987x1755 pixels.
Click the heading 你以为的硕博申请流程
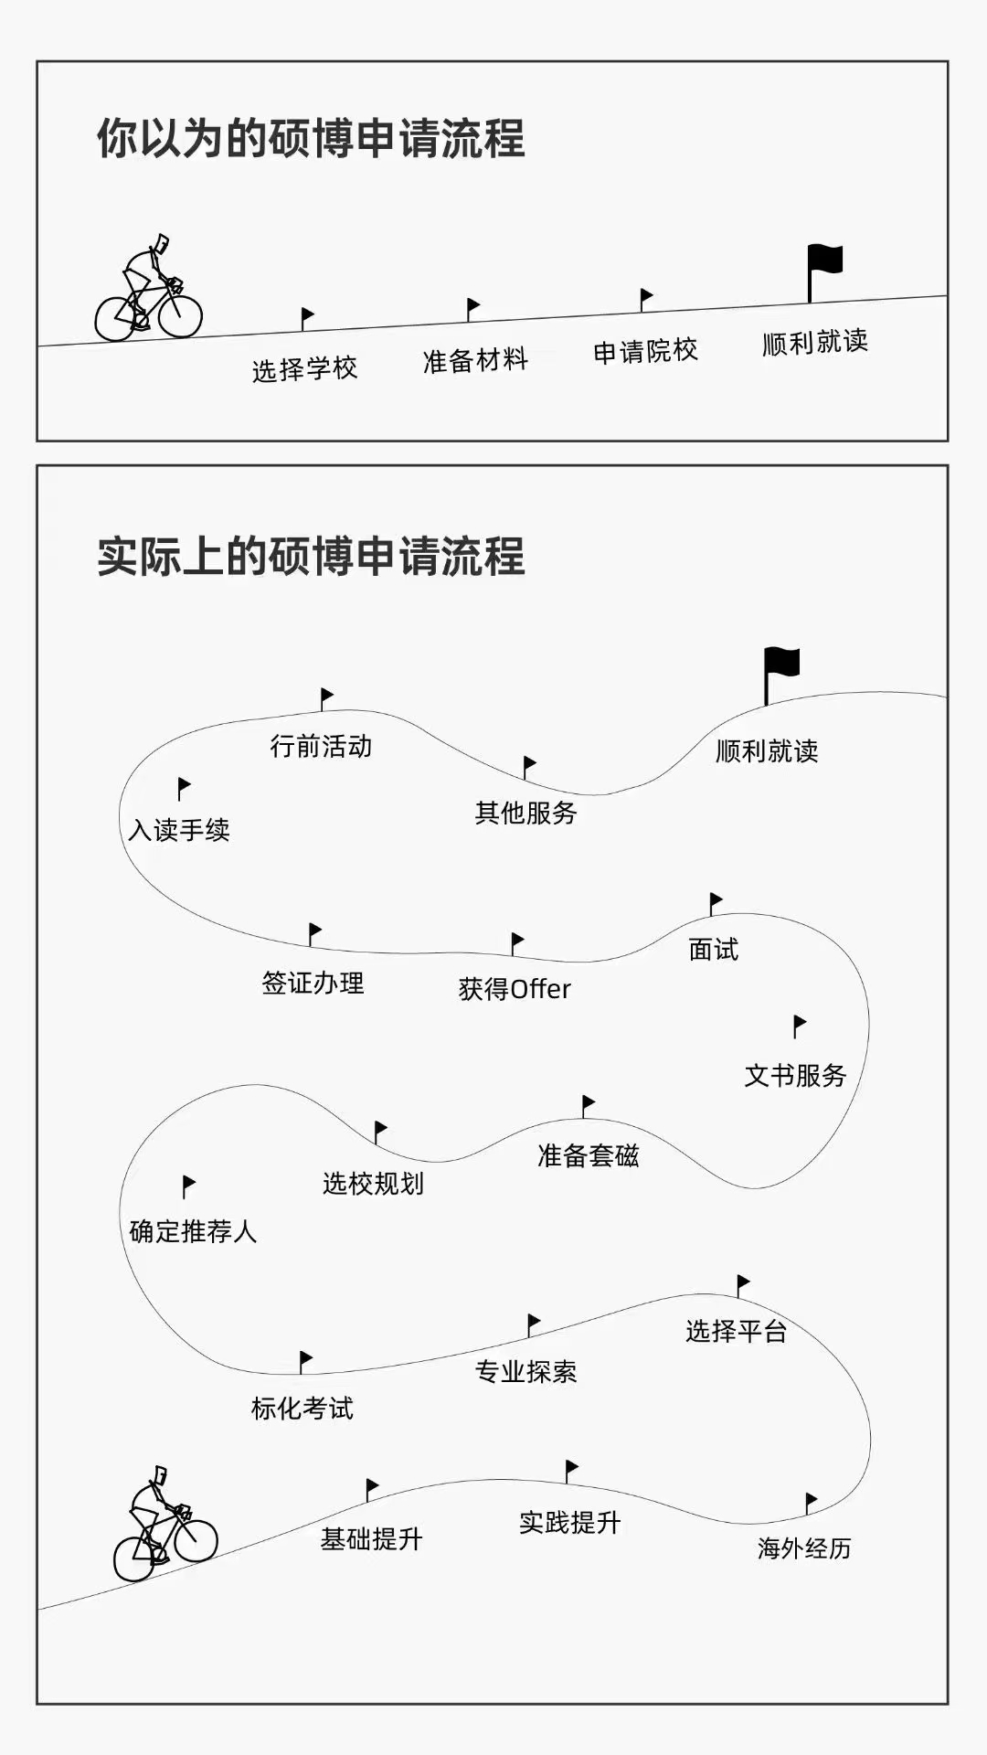pos(311,139)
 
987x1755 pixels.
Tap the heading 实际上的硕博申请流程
pos(311,557)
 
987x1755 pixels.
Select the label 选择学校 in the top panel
pos(304,369)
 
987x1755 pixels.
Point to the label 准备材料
pos(475,360)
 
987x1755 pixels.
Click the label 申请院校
pos(645,351)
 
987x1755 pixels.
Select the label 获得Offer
pos(515,989)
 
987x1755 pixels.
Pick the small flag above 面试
pos(716,902)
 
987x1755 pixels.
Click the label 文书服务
pos(795,1076)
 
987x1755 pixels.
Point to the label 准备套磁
pos(588,1156)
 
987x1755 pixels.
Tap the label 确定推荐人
pos(193,1232)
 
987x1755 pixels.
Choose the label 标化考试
pos(302,1409)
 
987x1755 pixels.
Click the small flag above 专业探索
pos(534,1322)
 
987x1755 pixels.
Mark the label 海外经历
pos(804,1548)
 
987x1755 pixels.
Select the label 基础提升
pos(371,1539)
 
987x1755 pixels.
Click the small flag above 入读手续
pos(184,786)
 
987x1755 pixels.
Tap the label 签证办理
pos(313,984)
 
